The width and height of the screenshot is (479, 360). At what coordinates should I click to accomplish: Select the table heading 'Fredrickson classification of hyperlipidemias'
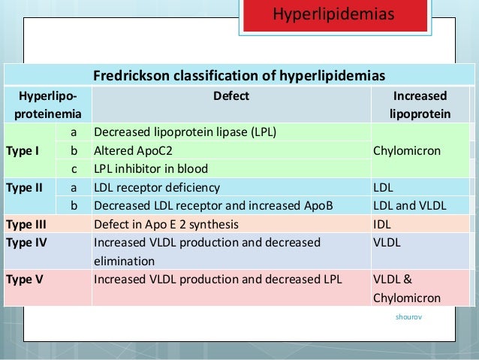coord(239,76)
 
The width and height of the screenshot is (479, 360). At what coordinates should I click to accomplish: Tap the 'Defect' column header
coord(231,96)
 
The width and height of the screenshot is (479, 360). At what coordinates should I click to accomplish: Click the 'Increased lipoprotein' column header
coord(420,105)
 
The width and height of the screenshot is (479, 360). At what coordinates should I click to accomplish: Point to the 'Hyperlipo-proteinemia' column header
coord(47,105)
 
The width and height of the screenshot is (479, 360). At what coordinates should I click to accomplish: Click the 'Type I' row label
coord(19,150)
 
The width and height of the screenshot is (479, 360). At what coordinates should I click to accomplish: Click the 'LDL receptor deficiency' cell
coord(157,187)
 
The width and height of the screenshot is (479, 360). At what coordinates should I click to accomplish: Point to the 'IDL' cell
coord(382,223)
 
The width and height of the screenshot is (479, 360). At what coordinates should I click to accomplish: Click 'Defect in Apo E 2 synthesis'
coord(176,223)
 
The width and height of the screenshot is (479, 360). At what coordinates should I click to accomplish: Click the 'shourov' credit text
coord(408,317)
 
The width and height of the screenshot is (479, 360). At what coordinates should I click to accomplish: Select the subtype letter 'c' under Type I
coord(74,168)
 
